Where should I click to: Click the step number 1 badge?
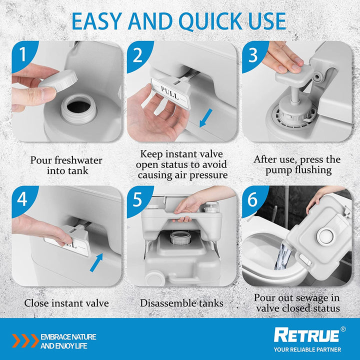point(22,54)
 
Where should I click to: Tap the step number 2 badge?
point(138,54)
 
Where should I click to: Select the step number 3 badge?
point(253,54)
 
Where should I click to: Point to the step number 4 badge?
point(22,199)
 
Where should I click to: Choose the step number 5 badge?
point(138,199)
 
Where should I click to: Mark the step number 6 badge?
point(253,199)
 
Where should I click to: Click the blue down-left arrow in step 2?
point(206,118)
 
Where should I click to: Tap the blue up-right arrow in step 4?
point(96,262)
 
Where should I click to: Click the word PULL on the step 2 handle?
point(169,92)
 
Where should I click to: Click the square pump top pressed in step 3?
point(294,75)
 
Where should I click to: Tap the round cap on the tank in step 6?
point(325,236)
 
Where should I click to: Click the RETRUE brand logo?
point(306,335)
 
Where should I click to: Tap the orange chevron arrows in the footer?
point(25,340)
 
